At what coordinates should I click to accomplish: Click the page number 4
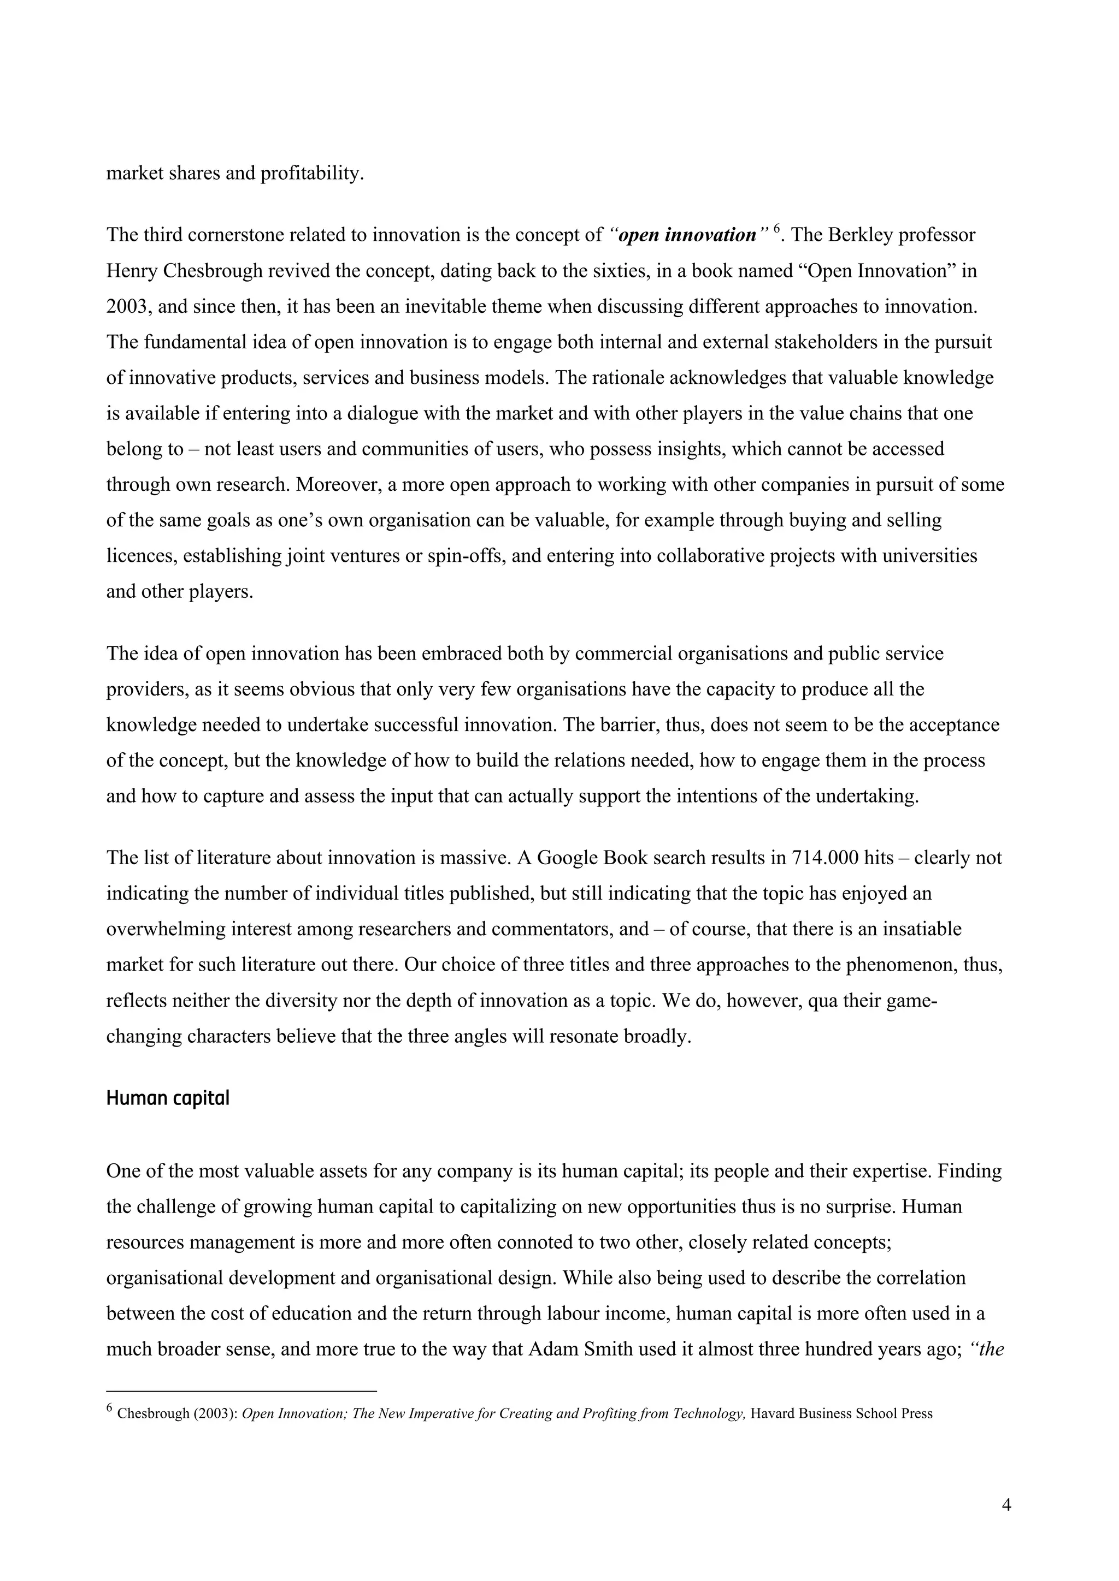[1006, 1505]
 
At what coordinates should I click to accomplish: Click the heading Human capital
[167, 1098]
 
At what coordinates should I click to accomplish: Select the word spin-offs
[466, 556]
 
